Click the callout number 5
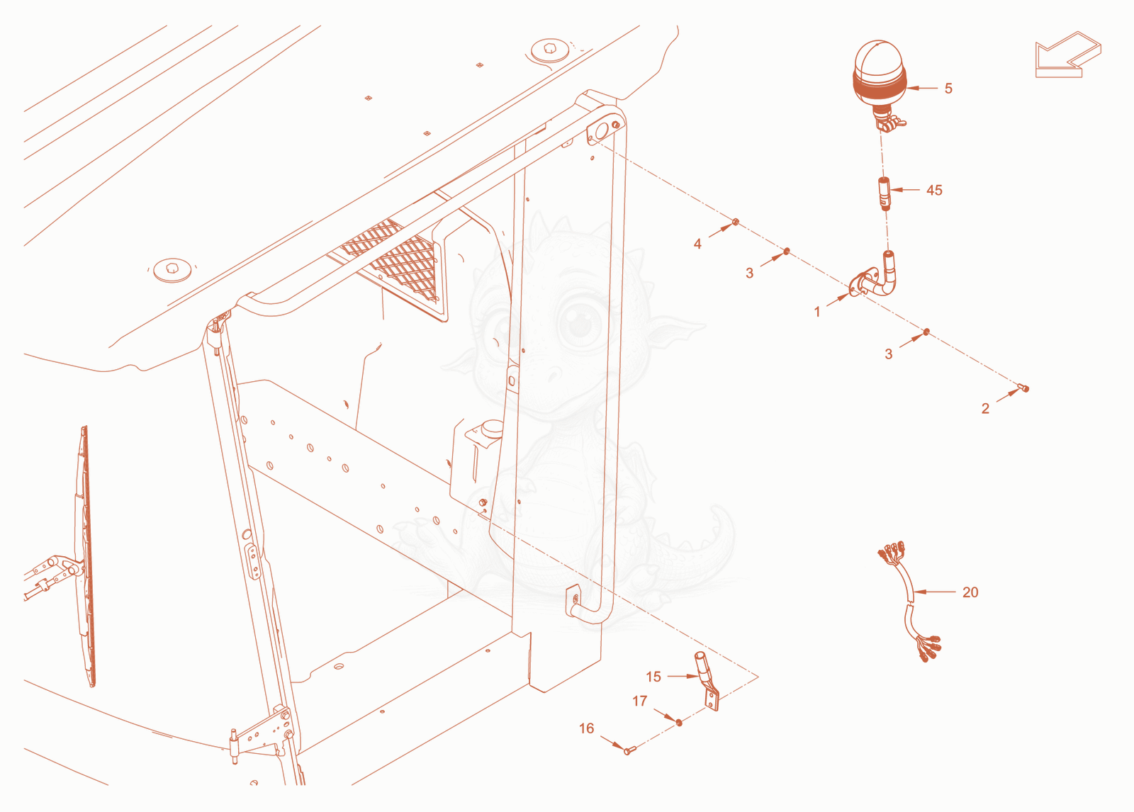coord(948,89)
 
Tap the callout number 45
coord(934,191)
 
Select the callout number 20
coord(970,592)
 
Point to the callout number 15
coord(653,677)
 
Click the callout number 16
coord(586,728)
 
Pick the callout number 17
coord(640,701)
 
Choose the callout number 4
coord(697,244)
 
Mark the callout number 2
coord(985,409)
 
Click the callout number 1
coord(816,312)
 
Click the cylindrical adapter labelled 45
coord(884,193)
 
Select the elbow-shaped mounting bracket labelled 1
coord(875,278)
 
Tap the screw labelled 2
coord(1023,388)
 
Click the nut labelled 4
coord(736,222)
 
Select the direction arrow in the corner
coord(1067,55)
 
